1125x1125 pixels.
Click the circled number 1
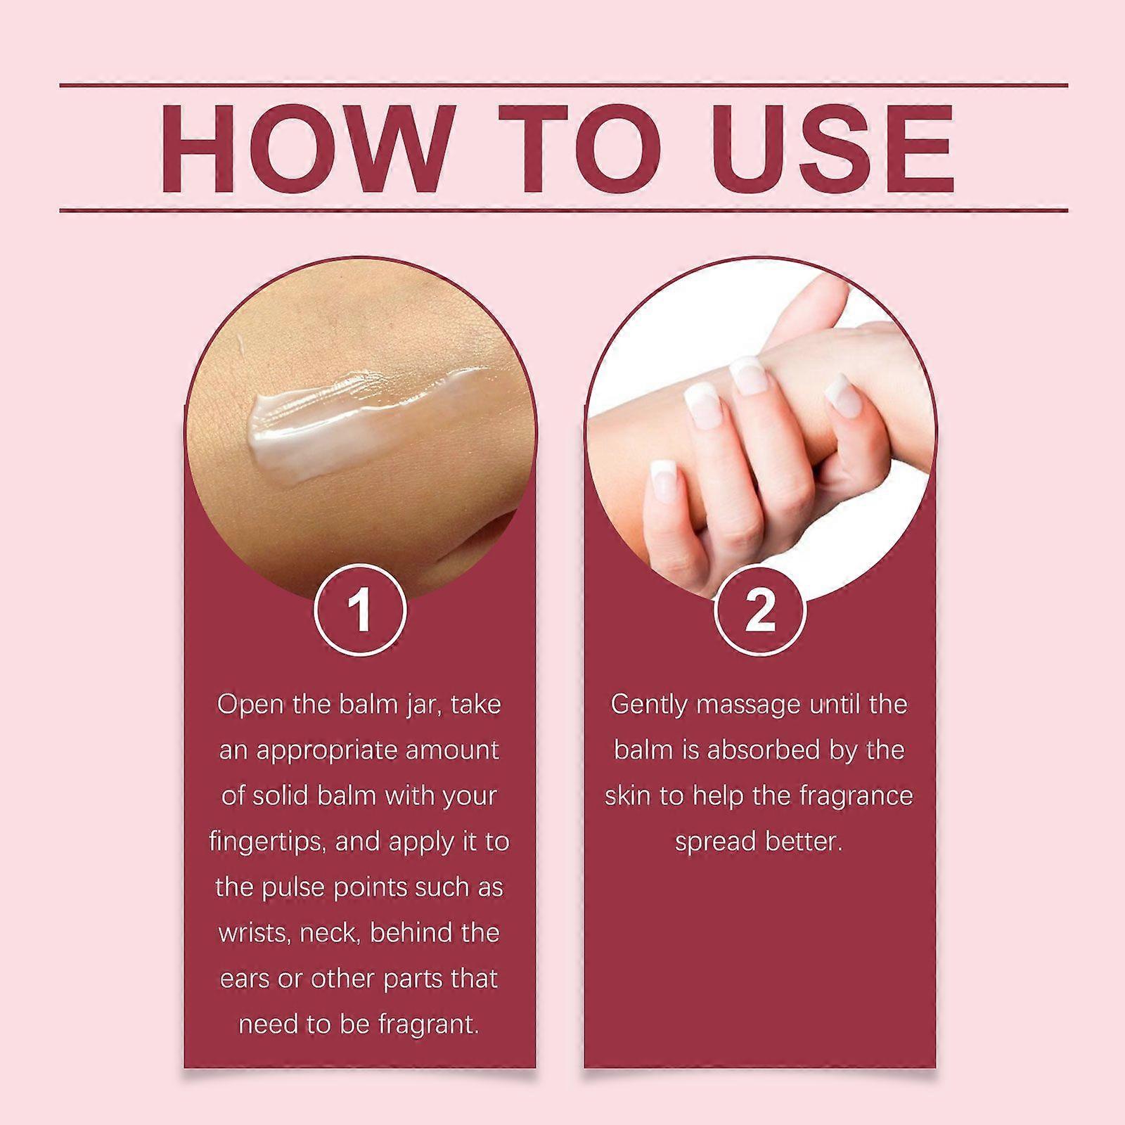point(360,610)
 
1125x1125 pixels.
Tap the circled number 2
point(759,610)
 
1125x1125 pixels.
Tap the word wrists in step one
point(253,933)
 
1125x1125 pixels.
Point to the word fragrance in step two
point(856,797)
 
